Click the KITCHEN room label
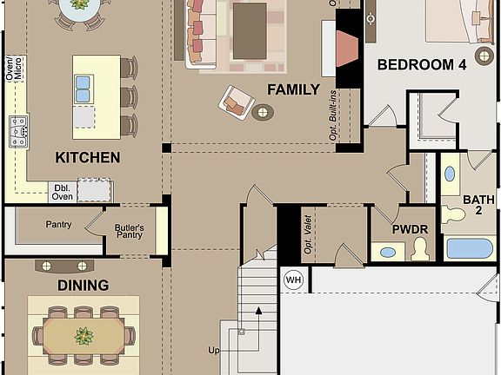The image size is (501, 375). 87,157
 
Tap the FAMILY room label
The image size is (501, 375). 293,89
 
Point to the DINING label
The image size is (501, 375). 83,285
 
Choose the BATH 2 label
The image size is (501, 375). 478,205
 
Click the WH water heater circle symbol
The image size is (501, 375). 293,280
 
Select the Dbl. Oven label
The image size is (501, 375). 63,191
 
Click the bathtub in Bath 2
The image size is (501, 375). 470,248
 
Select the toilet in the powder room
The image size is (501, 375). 420,251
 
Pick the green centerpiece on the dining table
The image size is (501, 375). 83,335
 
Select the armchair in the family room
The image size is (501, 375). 235,102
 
